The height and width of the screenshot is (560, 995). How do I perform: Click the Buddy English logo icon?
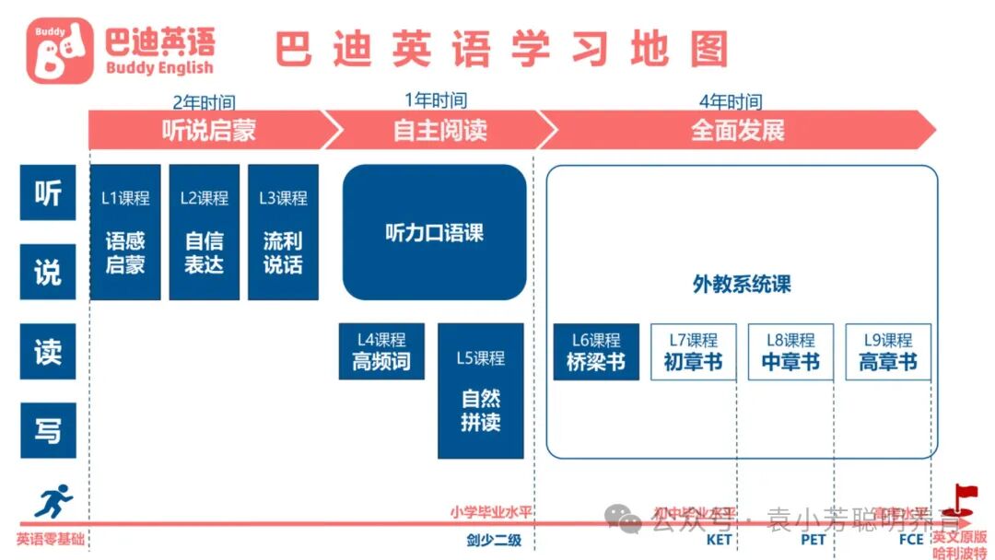point(60,51)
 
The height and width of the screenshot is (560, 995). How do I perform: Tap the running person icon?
point(53,502)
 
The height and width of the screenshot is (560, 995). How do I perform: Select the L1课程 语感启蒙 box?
point(125,232)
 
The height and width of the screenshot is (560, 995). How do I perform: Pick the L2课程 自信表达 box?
point(204,232)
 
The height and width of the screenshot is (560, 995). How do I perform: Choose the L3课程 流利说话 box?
point(283,232)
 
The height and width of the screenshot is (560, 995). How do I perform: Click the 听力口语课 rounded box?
point(434,233)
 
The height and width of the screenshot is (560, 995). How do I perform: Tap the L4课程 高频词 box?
point(381,351)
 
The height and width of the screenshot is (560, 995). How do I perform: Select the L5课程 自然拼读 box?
point(480,391)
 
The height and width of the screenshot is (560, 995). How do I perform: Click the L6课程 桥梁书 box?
point(596,351)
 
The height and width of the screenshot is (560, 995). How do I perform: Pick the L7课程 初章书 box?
point(693,351)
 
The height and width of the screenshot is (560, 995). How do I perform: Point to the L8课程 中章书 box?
point(790,351)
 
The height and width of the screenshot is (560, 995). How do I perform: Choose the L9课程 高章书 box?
point(888,351)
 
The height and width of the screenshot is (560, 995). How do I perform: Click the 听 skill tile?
point(48,192)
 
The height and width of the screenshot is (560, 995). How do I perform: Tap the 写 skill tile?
point(48,430)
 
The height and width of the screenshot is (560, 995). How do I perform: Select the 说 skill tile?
point(48,272)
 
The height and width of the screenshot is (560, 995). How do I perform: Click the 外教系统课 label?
point(742,285)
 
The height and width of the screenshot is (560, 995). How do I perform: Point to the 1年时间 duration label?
point(436,100)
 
